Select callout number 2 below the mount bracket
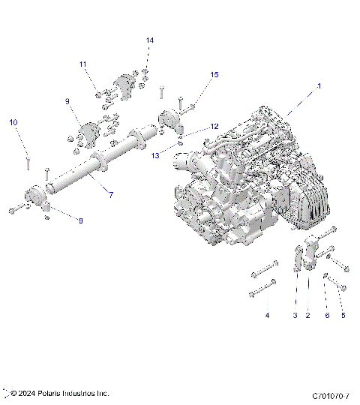click(307, 316)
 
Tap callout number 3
click(295, 316)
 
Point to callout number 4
click(267, 316)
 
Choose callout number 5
click(343, 316)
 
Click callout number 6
click(327, 316)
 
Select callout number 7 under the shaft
click(110, 195)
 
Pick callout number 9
click(67, 100)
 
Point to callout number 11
click(82, 64)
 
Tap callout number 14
click(149, 40)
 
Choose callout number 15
click(214, 75)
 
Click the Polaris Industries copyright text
click(60, 393)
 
